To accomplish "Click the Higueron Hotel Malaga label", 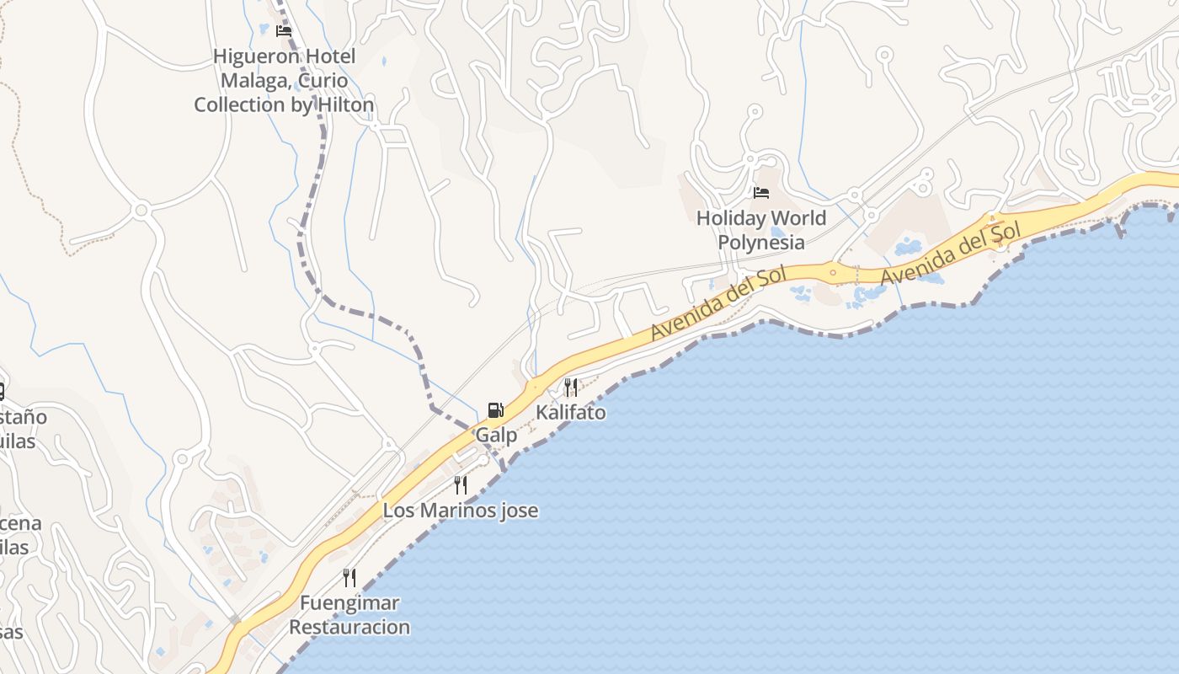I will point(284,80).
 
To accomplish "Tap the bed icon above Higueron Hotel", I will point(284,31).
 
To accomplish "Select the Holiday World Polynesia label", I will point(761,230).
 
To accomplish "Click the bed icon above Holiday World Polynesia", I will point(761,193).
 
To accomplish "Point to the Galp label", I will point(496,436).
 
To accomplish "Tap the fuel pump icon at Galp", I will point(496,410).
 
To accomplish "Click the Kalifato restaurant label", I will point(570,413).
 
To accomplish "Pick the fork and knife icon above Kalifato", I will point(570,388).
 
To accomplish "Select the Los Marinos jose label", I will point(460,511).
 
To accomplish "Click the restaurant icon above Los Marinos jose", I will point(460,485).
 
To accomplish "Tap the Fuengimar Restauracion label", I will point(349,615).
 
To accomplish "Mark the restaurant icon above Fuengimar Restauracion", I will point(349,578).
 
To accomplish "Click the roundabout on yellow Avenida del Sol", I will point(833,272).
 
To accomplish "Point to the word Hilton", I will point(342,104).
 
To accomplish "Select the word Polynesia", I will point(761,243).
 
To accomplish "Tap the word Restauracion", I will point(349,627).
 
